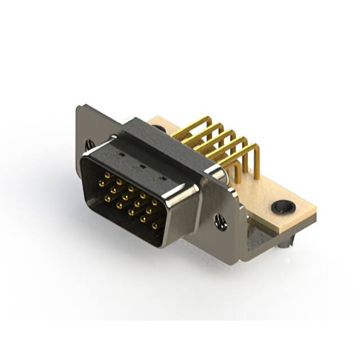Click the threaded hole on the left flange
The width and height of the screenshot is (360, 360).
pyautogui.click(x=90, y=145)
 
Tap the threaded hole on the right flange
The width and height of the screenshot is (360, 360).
pyautogui.click(x=221, y=223)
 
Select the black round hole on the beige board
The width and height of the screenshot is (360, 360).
pyautogui.click(x=283, y=207)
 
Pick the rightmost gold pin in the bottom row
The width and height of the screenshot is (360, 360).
pyautogui.click(x=155, y=226)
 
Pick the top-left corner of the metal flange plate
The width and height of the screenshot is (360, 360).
pyautogui.click(x=78, y=107)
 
